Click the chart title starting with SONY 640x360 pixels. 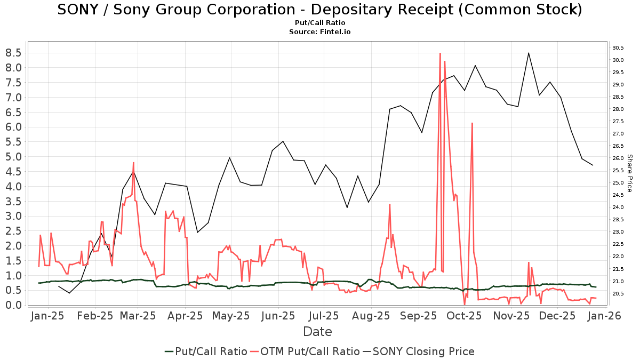pos(319,10)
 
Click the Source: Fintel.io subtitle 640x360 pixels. pos(319,32)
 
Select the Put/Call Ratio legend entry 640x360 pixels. pos(206,351)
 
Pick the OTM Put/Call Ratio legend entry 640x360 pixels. pos(305,351)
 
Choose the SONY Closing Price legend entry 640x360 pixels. pos(418,351)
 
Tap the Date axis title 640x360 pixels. pos(317,332)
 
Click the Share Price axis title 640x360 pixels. pos(629,173)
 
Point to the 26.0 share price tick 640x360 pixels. pos(618,158)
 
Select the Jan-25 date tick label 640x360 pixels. pos(49,316)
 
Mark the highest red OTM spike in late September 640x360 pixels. pos(440,53)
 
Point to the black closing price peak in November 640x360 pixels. pos(529,53)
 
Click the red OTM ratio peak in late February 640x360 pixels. pos(133,163)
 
